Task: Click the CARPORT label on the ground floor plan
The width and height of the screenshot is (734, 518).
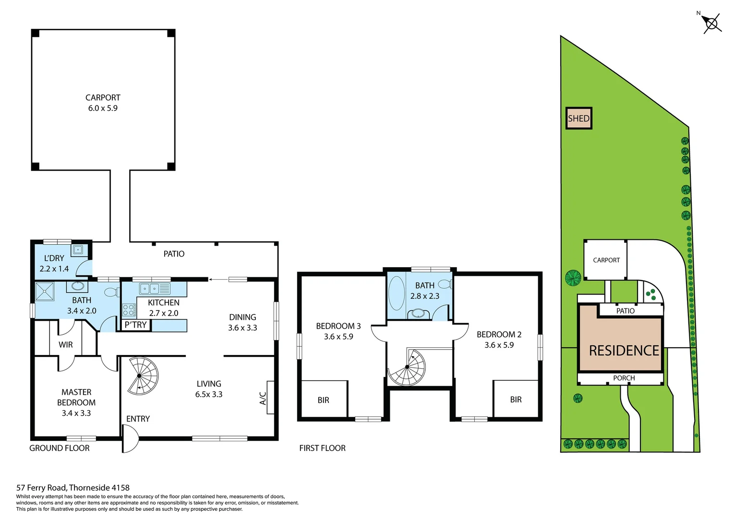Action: pos(103,97)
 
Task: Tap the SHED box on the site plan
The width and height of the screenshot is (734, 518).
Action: pos(578,118)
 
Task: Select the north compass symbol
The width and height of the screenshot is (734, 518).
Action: pos(711,23)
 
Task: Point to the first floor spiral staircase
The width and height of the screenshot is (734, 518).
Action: pos(408,367)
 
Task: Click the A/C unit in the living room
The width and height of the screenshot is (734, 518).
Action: pos(270,398)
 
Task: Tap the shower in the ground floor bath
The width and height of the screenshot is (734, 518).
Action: pos(44,291)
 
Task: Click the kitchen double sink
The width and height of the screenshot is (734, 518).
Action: pos(149,289)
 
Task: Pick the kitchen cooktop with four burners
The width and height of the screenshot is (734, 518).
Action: pos(128,310)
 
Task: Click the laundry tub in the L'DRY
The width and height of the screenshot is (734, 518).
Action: pos(78,250)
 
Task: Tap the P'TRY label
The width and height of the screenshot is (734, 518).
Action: pos(136,325)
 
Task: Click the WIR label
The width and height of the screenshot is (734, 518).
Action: pos(66,344)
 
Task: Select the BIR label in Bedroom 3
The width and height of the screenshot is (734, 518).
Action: pos(323,400)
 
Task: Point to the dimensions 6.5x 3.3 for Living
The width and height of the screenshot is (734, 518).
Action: pos(209,394)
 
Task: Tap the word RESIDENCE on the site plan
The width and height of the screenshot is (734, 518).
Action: pos(624,351)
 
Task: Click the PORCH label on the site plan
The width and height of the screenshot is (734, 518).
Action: pos(624,378)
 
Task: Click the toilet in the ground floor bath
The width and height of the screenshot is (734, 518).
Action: pos(111,292)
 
